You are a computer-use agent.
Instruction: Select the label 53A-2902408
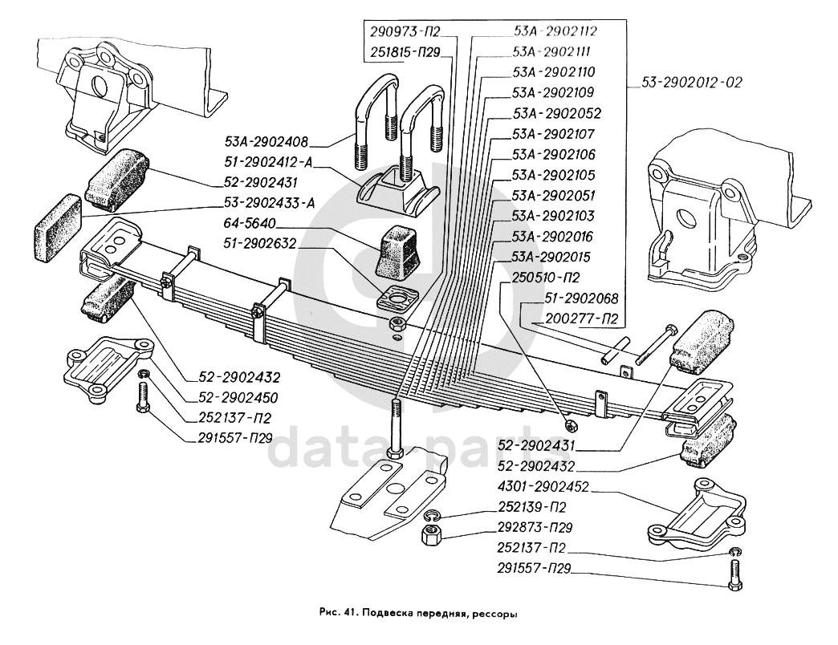[x=266, y=143]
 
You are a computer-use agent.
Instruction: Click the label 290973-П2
[x=406, y=32]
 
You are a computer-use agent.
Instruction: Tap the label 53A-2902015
[x=551, y=258]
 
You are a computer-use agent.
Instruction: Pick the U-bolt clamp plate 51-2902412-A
[x=398, y=191]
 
